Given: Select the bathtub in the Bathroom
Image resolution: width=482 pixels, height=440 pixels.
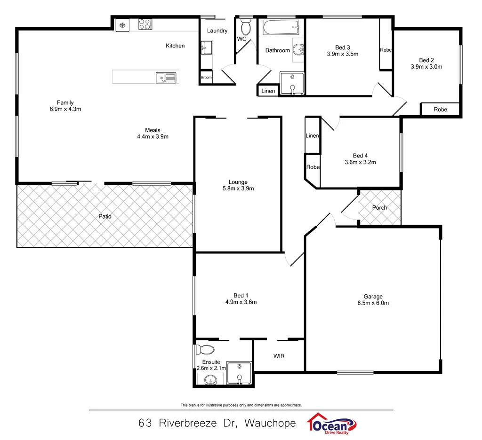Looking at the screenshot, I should pos(281,28).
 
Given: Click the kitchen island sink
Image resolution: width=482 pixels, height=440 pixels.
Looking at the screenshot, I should pos(166,77).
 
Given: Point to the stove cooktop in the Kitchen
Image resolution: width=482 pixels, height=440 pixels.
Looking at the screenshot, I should pos(145,24).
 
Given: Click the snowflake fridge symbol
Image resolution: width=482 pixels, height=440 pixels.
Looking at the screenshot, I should pos(122,24).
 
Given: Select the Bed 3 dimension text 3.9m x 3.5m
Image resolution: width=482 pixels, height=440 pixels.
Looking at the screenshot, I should pos(343,54).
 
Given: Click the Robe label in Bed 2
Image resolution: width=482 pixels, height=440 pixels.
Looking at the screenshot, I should pos(440,110).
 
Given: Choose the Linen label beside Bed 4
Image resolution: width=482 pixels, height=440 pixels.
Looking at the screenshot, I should pos(313,136).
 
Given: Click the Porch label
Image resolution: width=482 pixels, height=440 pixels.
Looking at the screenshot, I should pos(379,208).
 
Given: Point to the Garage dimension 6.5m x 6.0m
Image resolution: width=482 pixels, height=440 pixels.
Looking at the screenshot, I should pos(373,303).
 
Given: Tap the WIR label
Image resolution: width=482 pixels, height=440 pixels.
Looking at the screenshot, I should pos(279,356).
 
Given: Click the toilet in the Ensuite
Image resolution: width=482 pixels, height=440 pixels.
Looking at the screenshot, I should pos(205,349).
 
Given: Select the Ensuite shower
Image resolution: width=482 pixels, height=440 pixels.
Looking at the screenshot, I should pos(240,373).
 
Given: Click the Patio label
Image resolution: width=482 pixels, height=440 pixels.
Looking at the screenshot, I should pos(105,217).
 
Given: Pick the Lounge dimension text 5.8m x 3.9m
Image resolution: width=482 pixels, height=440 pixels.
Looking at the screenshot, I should pos(238,189).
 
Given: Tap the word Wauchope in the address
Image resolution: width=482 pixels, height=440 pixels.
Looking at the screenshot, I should pos(270,423).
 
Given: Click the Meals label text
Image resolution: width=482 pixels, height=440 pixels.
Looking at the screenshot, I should pos(153,130).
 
